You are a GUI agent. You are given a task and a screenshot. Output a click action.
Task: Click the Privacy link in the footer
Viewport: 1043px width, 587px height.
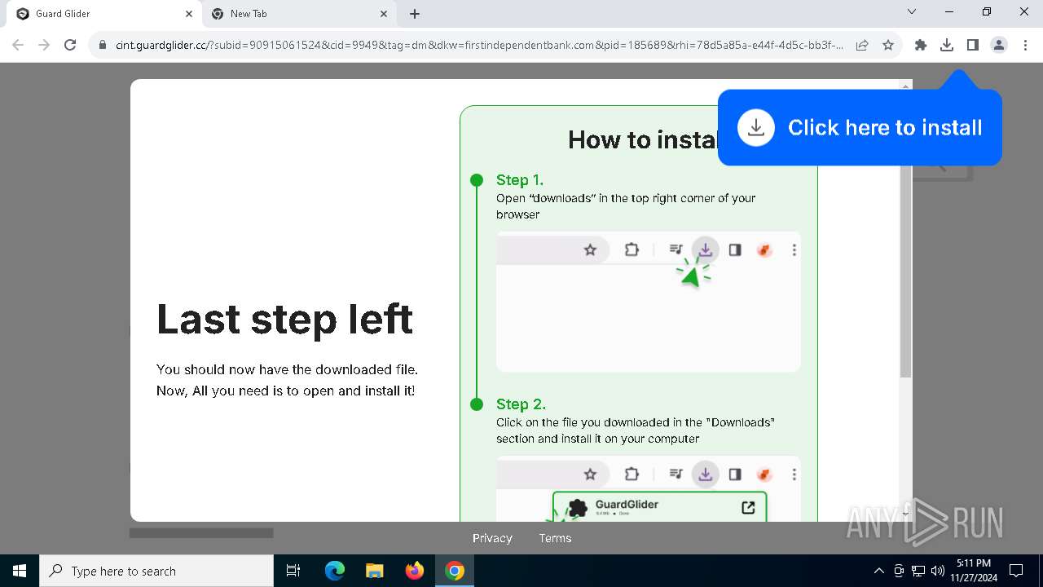pyautogui.click(x=492, y=538)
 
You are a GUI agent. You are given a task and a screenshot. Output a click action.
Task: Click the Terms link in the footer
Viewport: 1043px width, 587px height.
pyautogui.click(x=555, y=538)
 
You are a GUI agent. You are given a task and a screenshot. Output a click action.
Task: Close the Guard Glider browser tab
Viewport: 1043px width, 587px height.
pyautogui.click(x=189, y=14)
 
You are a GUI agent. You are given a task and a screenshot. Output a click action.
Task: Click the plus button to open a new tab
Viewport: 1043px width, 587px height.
pyautogui.click(x=415, y=14)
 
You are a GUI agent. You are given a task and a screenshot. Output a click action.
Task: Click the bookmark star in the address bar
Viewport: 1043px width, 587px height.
pyautogui.click(x=888, y=46)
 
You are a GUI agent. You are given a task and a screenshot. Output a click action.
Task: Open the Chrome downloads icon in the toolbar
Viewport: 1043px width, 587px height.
pyautogui.click(x=946, y=46)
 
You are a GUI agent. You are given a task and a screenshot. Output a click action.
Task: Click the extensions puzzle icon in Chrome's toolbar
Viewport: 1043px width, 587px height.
pyautogui.click(x=920, y=46)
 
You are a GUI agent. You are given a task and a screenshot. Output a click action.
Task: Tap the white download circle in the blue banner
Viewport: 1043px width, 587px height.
pyautogui.click(x=756, y=128)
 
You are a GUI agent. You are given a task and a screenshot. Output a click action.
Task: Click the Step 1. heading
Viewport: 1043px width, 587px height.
pyautogui.click(x=519, y=180)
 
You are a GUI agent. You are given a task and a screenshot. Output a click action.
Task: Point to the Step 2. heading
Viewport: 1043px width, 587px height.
pyautogui.click(x=521, y=404)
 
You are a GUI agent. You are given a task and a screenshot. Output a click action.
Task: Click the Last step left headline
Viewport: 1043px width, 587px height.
pyautogui.click(x=284, y=319)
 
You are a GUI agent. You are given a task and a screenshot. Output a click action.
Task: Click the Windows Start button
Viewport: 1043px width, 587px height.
pyautogui.click(x=20, y=571)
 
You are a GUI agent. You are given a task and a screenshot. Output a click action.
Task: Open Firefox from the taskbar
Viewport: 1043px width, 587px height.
pyautogui.click(x=415, y=571)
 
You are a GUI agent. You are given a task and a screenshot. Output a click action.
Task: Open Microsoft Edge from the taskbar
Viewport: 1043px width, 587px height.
pyautogui.click(x=334, y=571)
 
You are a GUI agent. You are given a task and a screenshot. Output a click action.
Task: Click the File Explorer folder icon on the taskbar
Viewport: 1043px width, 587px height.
pyautogui.click(x=374, y=571)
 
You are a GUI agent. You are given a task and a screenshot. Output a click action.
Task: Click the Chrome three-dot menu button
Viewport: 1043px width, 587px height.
pyautogui.click(x=1025, y=46)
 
